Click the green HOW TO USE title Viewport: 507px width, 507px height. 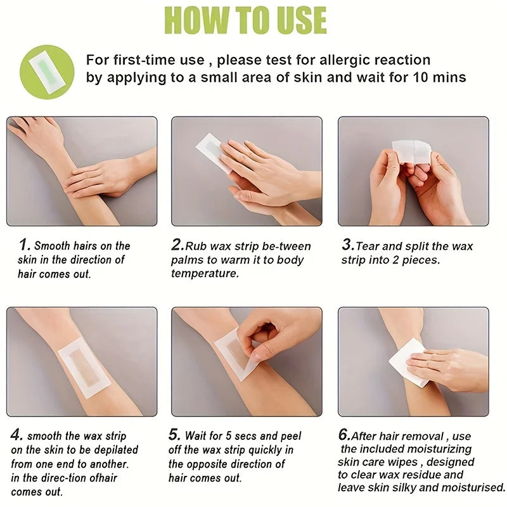click(246, 20)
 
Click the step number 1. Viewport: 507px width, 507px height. click(24, 245)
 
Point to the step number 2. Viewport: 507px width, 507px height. click(177, 245)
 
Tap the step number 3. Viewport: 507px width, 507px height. click(347, 245)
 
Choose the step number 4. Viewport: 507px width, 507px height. click(18, 435)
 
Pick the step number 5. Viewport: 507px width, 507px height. click(174, 435)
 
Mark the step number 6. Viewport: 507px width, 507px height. click(343, 435)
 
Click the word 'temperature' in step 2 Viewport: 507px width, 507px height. click(205, 274)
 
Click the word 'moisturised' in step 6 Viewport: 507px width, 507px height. click(470, 487)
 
